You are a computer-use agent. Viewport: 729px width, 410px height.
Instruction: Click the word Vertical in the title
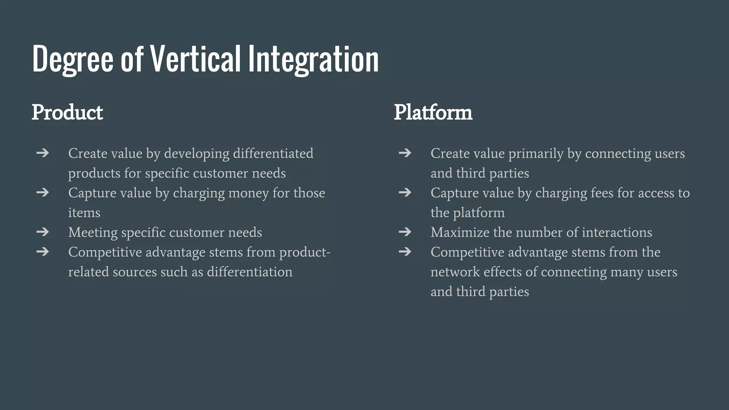pyautogui.click(x=195, y=59)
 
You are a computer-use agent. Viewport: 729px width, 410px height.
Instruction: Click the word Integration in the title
pyautogui.click(x=313, y=59)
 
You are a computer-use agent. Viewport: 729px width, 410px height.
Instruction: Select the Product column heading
pyautogui.click(x=67, y=112)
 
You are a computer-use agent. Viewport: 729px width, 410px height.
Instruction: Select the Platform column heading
pyautogui.click(x=433, y=112)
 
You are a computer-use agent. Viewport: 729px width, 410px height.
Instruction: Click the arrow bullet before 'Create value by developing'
pyautogui.click(x=43, y=153)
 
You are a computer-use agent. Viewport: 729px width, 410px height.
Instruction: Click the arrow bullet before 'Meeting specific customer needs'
pyautogui.click(x=43, y=232)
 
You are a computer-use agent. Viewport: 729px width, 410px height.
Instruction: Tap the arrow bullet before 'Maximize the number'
pyautogui.click(x=405, y=232)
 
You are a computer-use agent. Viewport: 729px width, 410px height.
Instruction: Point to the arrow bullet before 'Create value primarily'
pyautogui.click(x=405, y=153)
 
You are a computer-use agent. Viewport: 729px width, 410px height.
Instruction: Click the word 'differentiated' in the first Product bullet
pyautogui.click(x=273, y=153)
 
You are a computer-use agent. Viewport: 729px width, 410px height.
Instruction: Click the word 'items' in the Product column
pyautogui.click(x=84, y=213)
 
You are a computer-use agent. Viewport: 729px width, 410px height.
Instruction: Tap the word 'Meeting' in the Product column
pyautogui.click(x=93, y=232)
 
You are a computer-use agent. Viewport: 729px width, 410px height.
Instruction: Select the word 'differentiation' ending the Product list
pyautogui.click(x=250, y=272)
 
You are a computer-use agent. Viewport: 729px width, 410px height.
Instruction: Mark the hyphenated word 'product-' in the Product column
pyautogui.click(x=305, y=252)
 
